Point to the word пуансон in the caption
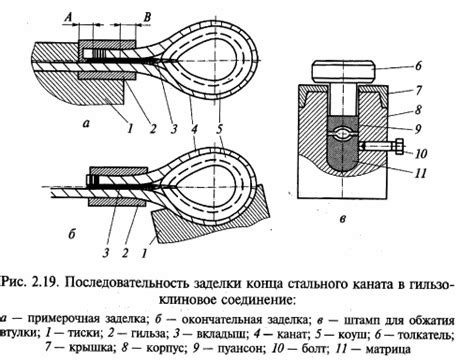tap(219, 350)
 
